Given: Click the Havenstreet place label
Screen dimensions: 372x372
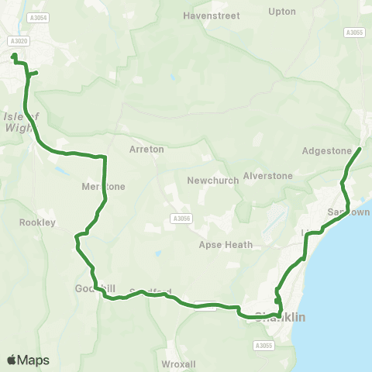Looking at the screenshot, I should tap(212, 15).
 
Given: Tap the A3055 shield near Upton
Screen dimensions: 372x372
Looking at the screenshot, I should tap(355, 33).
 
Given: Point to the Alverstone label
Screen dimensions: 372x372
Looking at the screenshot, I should tap(267, 176).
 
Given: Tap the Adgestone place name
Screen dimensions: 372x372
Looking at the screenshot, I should tap(327, 151).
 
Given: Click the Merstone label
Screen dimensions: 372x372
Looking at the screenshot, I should tap(103, 187).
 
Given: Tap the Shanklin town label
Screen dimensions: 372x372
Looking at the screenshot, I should tap(281, 317).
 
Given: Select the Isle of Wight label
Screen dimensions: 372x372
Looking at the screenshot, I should tap(20, 122).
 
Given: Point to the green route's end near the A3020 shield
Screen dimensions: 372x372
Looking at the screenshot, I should tap(13, 55).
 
